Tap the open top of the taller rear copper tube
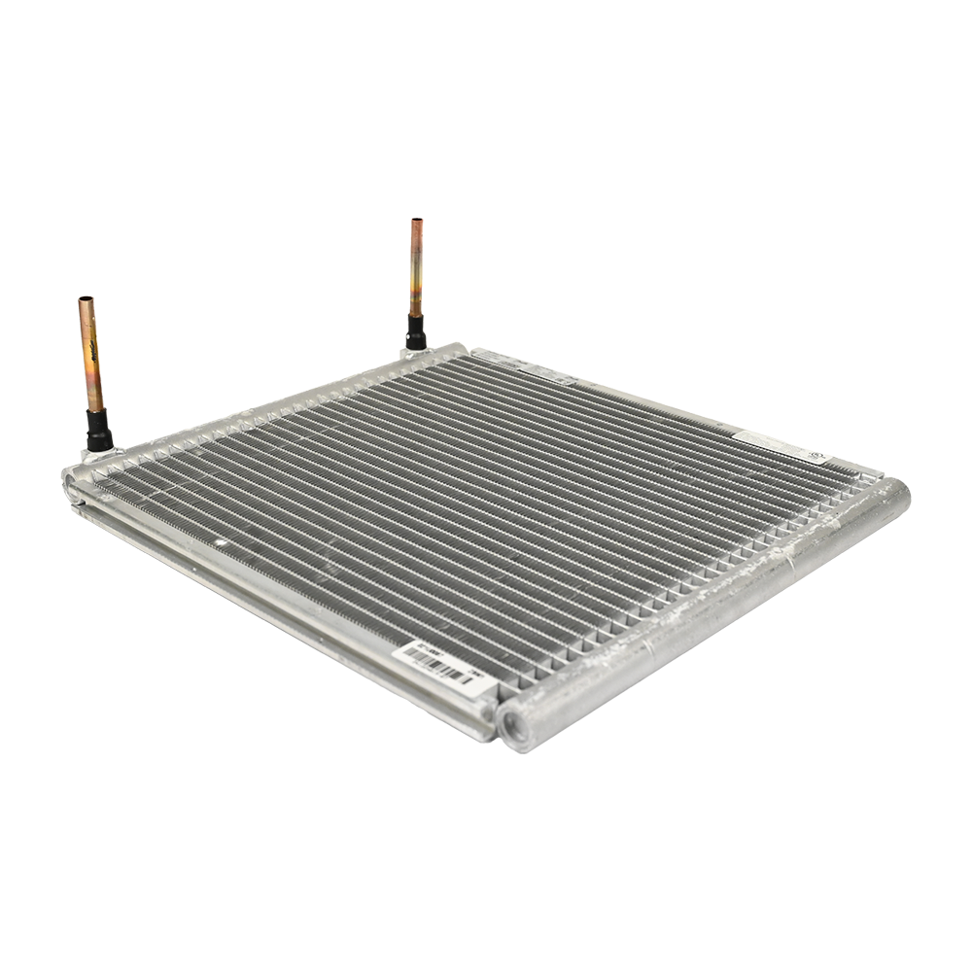[416, 222]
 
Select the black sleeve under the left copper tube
[98, 429]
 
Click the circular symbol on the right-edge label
[813, 457]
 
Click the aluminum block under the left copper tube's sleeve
[100, 453]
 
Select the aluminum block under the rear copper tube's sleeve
[412, 353]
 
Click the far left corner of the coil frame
[70, 477]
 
